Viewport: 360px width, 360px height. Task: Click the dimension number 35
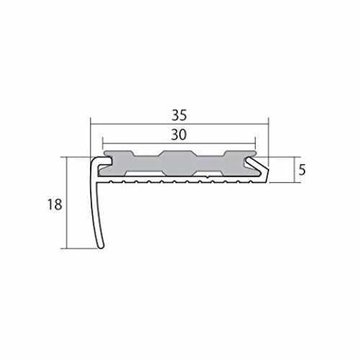179,115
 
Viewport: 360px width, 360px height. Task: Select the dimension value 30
179,135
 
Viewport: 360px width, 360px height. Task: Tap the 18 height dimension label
55,204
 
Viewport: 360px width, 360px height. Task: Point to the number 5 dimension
302,170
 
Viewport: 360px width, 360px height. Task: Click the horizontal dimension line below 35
179,124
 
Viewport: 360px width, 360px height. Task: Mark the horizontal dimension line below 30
179,143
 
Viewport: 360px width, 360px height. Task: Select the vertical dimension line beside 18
66,203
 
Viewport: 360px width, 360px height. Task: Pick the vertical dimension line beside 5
294,170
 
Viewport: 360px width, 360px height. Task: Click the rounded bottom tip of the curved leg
101,246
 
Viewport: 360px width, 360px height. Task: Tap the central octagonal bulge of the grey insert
177,163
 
